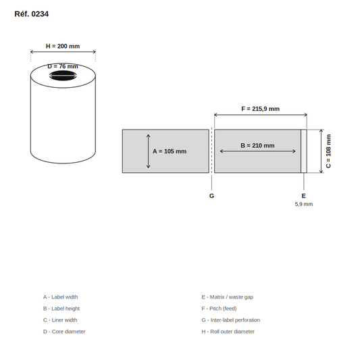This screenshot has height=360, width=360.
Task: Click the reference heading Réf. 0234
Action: click(x=32, y=14)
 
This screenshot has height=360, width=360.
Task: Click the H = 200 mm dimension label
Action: click(x=63, y=46)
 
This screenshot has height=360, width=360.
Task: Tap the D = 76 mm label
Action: click(x=63, y=66)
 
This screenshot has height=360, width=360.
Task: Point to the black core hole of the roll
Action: click(x=63, y=76)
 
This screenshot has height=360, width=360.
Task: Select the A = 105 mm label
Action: click(x=170, y=151)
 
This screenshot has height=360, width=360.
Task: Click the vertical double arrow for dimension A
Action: click(x=149, y=151)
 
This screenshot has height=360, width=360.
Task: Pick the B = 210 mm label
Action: click(x=257, y=146)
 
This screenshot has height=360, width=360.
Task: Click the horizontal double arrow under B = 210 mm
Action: click(x=257, y=151)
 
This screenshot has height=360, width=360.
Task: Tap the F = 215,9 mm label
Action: click(x=260, y=109)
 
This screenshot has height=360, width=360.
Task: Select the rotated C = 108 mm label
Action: click(x=328, y=151)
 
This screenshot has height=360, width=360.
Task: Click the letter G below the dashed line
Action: click(x=211, y=196)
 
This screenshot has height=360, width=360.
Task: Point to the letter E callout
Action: click(x=303, y=196)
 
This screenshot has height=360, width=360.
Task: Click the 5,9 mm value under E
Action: click(x=304, y=204)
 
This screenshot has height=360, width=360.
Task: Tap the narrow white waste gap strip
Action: click(x=304, y=151)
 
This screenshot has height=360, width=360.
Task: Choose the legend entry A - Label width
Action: click(x=60, y=297)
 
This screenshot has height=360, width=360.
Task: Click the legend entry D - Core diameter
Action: click(x=64, y=332)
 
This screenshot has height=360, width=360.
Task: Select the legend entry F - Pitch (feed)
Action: click(x=219, y=309)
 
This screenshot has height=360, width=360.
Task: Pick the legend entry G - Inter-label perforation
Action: click(x=231, y=320)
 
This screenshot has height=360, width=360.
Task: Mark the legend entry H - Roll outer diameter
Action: click(x=228, y=332)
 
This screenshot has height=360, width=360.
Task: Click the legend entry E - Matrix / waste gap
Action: click(x=228, y=297)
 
